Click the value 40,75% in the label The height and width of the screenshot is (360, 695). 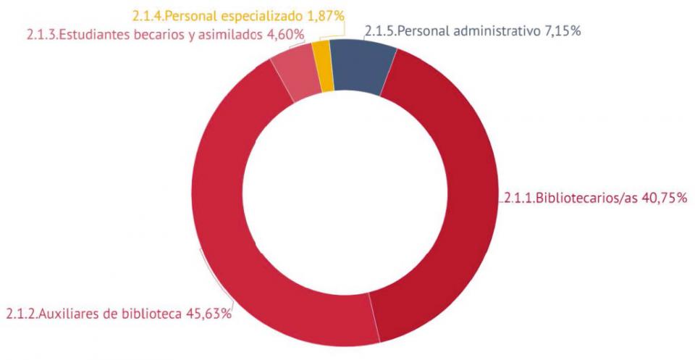[x=663, y=198]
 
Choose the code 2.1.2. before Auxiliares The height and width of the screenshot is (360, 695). [x=22, y=314]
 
